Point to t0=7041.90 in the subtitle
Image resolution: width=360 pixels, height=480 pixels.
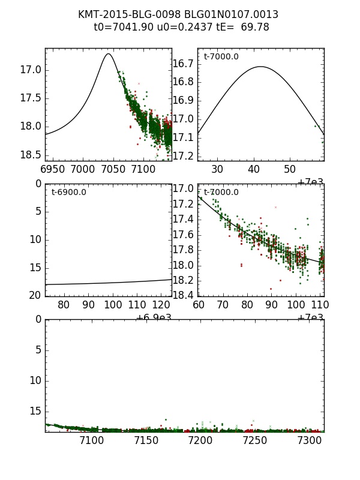click(x=120, y=27)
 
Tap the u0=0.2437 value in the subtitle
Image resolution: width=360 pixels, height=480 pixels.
click(x=175, y=27)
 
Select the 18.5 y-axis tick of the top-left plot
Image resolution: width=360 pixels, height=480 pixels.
click(x=30, y=154)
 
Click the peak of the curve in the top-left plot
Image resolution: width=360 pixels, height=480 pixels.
click(x=109, y=54)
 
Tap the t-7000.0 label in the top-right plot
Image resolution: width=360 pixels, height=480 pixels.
click(x=221, y=57)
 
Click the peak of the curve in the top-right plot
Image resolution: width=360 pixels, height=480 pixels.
click(x=260, y=67)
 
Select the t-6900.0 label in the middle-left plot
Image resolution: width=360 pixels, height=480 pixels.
click(x=69, y=193)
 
